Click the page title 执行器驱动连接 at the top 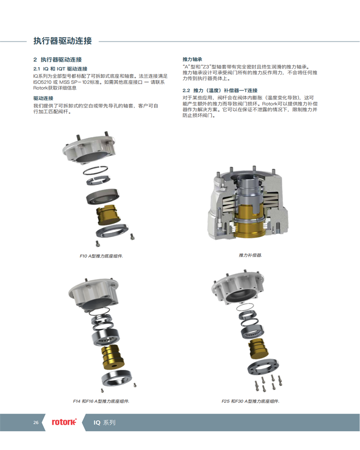[63, 41]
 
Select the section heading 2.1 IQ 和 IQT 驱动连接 [60, 69]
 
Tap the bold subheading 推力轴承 [192, 59]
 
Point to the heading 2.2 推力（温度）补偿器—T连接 [220, 90]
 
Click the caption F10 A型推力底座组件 [101, 256]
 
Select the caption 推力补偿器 [250, 255]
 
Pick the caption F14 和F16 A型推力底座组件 [101, 401]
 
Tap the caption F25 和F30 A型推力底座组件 [250, 401]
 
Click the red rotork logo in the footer [64, 422]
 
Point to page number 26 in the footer [36, 423]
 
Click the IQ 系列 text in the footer [104, 423]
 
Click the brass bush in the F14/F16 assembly [112, 357]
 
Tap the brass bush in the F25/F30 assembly [258, 349]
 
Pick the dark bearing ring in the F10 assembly [103, 196]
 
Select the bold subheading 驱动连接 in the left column [43, 98]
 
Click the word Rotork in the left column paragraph [40, 88]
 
